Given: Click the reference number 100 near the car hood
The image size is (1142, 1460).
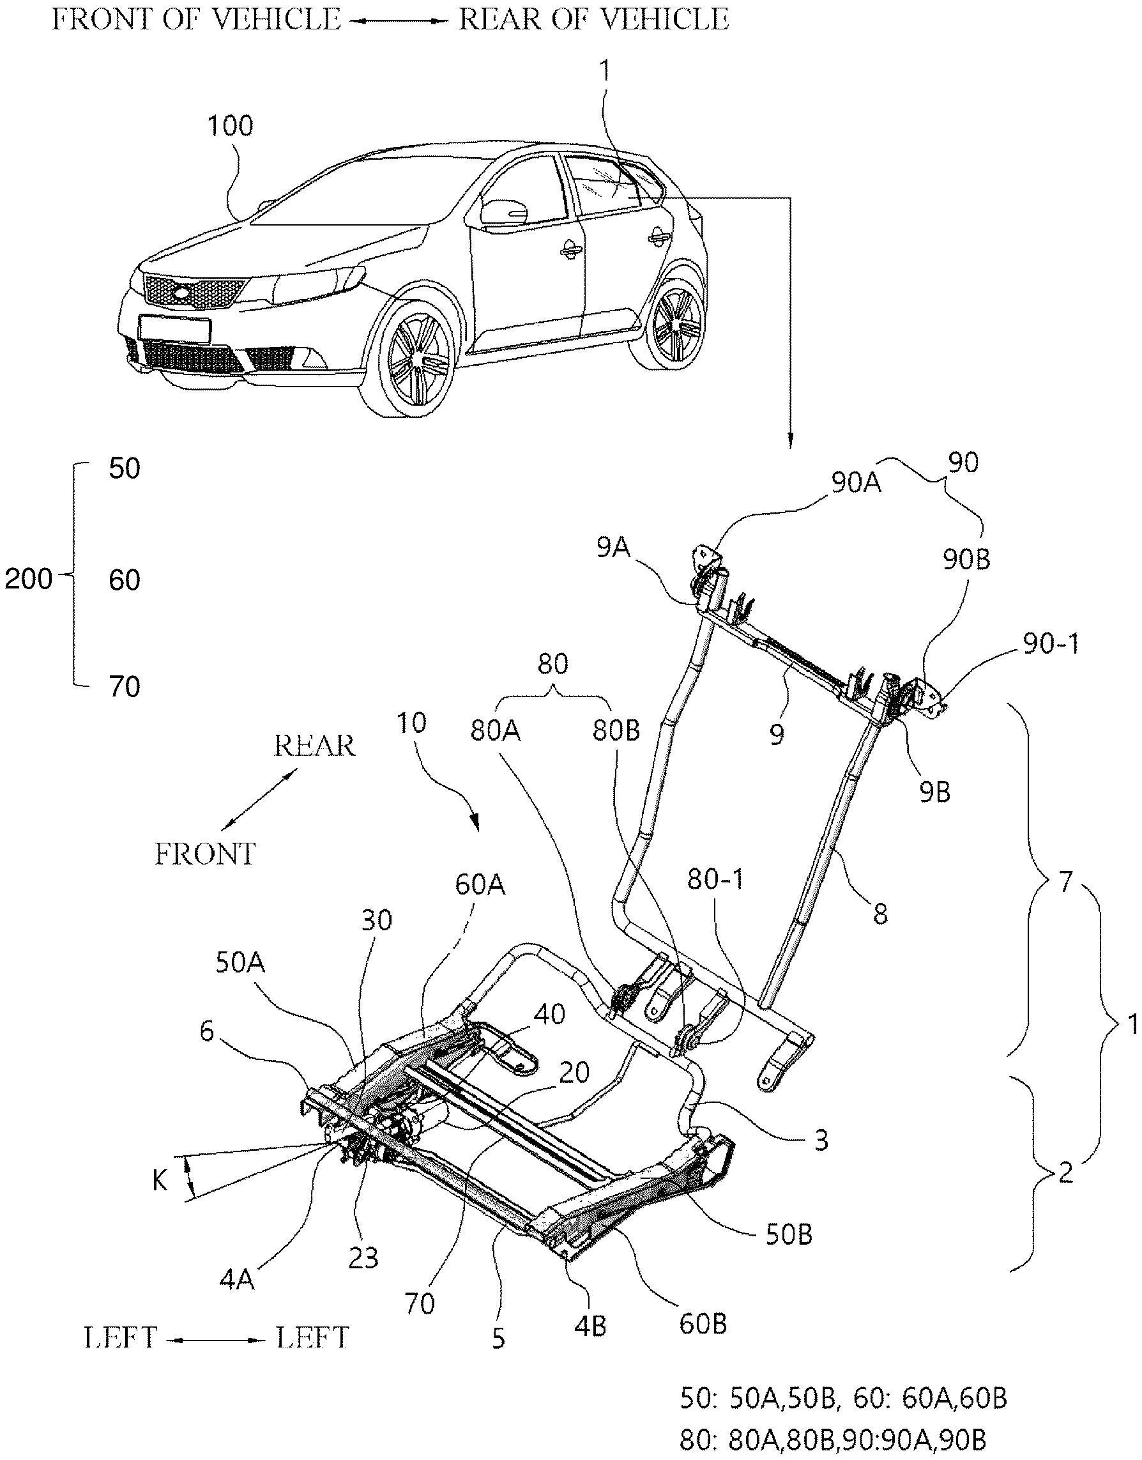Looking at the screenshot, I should point(231,126).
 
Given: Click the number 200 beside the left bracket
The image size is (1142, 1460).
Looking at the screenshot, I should point(28,579).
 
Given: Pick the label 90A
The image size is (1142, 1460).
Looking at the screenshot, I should point(856,483).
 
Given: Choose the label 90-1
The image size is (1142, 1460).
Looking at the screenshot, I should point(1051,644).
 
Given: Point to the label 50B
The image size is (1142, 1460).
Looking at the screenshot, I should point(789,1234).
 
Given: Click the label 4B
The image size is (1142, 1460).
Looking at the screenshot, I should point(590,1325).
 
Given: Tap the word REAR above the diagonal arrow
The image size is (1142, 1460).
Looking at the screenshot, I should point(314,746).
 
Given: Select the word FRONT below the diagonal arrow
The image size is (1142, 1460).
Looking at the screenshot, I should point(205,854).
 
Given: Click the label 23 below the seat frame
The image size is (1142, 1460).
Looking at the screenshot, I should point(363,1257).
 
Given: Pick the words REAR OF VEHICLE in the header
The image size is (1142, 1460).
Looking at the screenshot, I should point(594,19).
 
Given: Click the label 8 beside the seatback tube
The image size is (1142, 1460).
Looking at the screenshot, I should point(880,914).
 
